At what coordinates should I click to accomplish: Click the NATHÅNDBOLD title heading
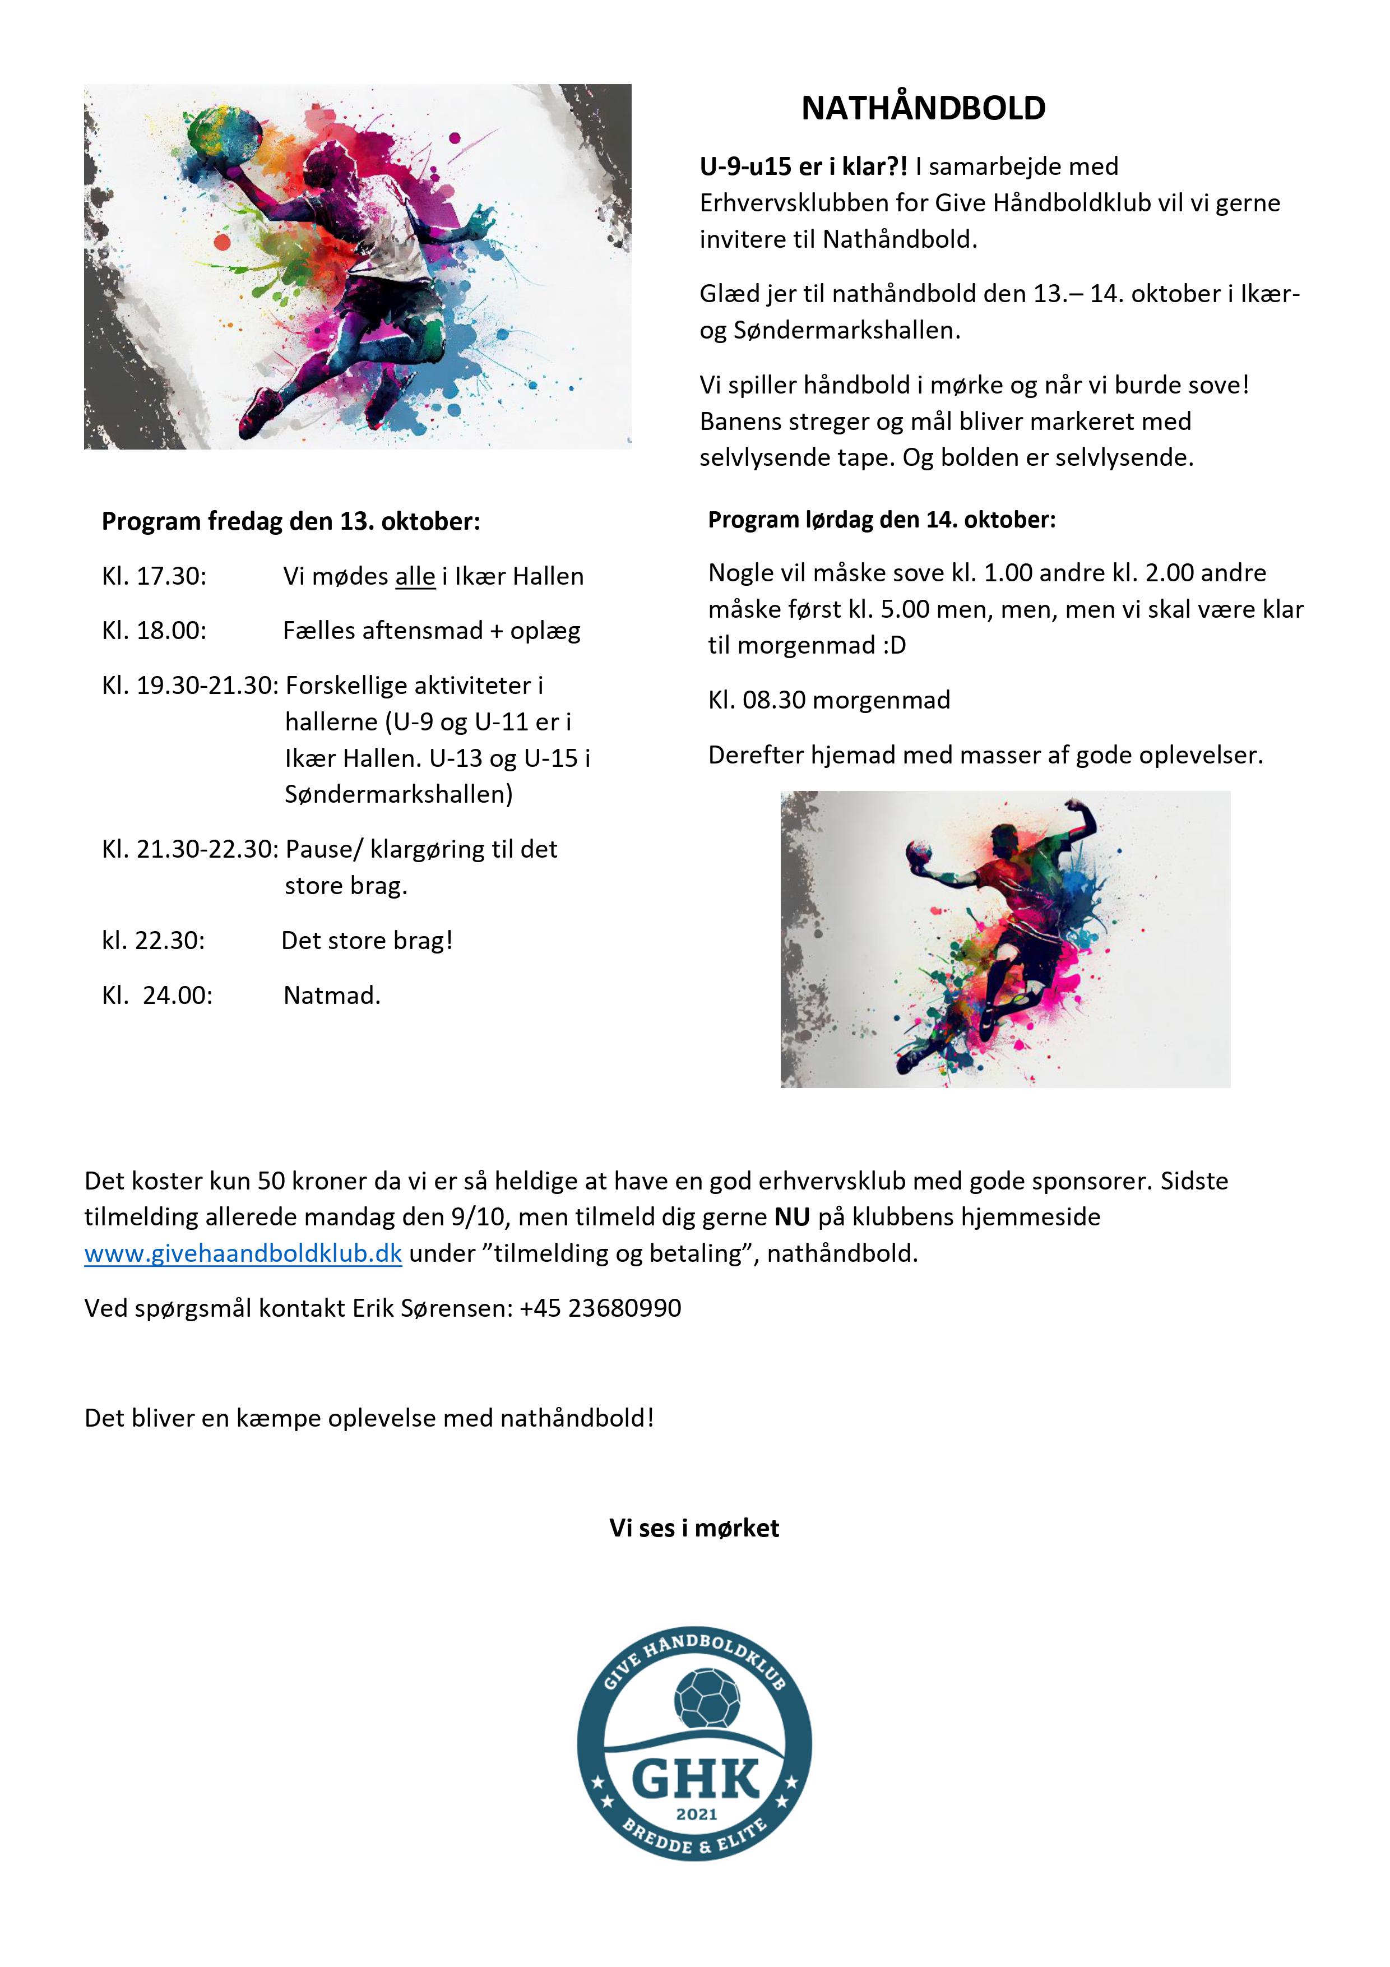pyautogui.click(x=923, y=108)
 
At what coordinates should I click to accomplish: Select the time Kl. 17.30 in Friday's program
pyautogui.click(x=154, y=577)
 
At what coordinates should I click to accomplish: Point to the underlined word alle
pyautogui.click(x=415, y=577)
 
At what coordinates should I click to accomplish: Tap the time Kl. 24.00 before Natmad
pyautogui.click(x=157, y=996)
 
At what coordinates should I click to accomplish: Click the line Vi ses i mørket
pyautogui.click(x=694, y=1529)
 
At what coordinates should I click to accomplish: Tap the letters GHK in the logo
pyautogui.click(x=694, y=1779)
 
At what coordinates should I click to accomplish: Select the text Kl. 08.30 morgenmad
pyautogui.click(x=828, y=700)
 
